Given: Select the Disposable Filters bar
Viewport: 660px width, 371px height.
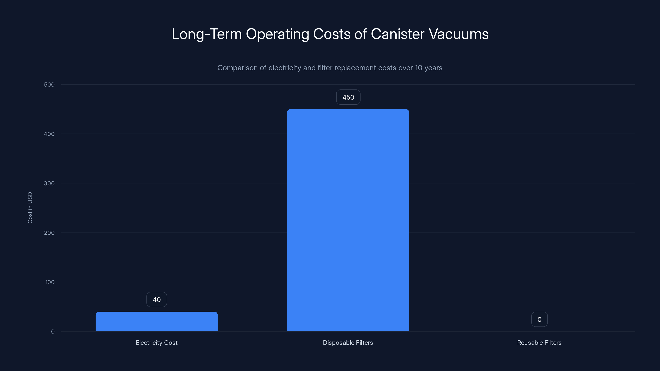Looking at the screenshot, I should coord(348,220).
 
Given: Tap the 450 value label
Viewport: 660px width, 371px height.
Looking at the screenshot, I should coord(348,97).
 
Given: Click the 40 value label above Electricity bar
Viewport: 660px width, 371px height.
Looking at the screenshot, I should coord(157,299).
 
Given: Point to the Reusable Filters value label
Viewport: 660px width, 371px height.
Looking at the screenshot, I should coord(539,319).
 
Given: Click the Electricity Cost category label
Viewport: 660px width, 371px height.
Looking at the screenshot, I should coord(157,343).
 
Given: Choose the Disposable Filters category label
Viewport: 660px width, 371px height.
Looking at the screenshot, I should coord(348,343).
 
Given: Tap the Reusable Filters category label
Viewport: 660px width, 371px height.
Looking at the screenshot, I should coord(539,343).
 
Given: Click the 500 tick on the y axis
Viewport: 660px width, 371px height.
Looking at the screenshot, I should coord(49,85).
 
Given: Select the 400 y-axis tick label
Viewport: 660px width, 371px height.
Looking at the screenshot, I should coord(49,134).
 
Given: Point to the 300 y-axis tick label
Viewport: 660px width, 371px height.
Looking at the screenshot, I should coord(49,183).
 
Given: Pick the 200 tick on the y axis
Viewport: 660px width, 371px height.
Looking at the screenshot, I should coord(49,233).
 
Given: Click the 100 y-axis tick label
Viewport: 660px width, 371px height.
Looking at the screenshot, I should coord(50,282).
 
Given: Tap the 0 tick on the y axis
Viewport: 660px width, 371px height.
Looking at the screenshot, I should coord(53,332).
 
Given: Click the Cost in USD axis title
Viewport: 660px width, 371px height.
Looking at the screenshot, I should coord(30,208).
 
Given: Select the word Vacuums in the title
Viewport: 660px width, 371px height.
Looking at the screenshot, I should coord(459,34).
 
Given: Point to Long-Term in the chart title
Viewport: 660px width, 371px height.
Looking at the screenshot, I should coord(207,34).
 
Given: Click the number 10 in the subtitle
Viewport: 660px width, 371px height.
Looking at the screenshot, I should coord(418,68).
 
